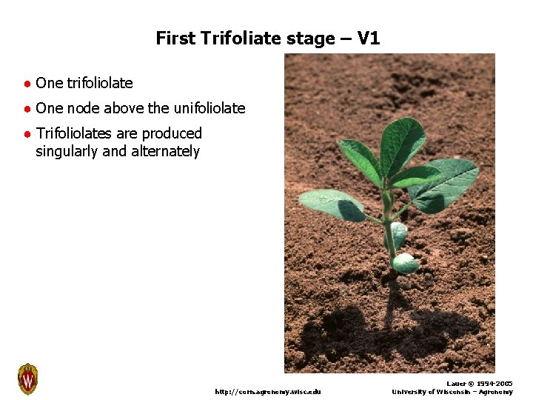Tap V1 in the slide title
(x=368, y=39)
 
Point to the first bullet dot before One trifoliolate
(x=26, y=84)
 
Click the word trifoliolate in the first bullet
(x=100, y=83)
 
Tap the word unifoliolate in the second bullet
(x=209, y=108)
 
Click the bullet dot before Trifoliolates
(x=26, y=134)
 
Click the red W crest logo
(x=27, y=379)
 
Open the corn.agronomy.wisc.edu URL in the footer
(x=268, y=391)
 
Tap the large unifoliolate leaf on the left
(x=332, y=204)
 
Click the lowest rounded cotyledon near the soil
(x=405, y=263)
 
